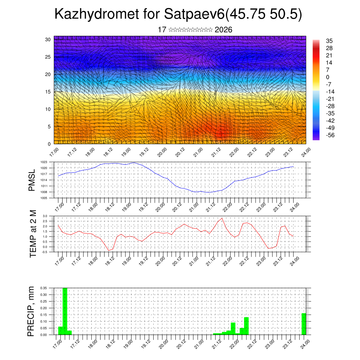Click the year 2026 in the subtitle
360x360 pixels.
point(223,30)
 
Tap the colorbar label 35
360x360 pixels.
point(329,41)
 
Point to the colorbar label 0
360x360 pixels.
point(328,77)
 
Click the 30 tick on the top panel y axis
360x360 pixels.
point(48,39)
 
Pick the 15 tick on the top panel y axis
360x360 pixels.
point(48,92)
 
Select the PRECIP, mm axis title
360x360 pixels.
point(31,311)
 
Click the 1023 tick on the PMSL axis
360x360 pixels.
point(44,162)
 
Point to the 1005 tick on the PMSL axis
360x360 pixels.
point(44,198)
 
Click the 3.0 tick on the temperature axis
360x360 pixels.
point(45,216)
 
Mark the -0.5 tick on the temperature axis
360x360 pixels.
point(44,252)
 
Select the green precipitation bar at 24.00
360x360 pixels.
point(304,324)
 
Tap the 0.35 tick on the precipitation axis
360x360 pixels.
point(43,288)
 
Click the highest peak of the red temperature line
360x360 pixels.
point(222,218)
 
